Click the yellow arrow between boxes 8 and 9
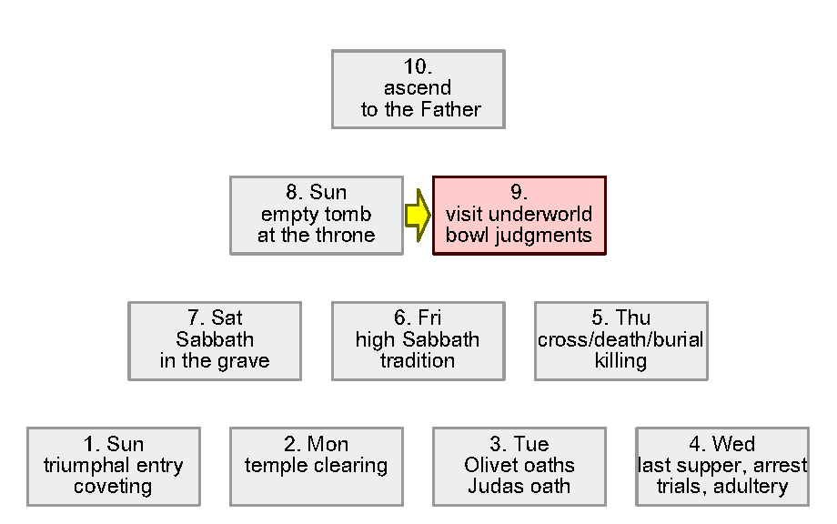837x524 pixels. click(x=417, y=215)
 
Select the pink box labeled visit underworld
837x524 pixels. click(x=519, y=215)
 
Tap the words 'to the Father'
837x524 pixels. click(x=419, y=110)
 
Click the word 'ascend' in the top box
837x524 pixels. click(x=418, y=88)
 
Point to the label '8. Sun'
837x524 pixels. click(x=316, y=193)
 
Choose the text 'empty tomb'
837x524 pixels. click(x=316, y=215)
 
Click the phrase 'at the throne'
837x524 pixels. click(x=316, y=236)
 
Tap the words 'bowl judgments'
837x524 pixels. click(x=519, y=236)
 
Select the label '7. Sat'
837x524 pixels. click(x=215, y=318)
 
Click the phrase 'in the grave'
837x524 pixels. click(x=215, y=360)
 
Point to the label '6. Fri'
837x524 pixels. click(x=418, y=318)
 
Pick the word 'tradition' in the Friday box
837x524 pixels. click(x=418, y=360)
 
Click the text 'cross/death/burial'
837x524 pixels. click(x=620, y=339)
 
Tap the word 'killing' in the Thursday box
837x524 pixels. click(x=620, y=360)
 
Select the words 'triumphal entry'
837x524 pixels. click(x=114, y=465)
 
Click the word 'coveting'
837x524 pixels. click(x=114, y=486)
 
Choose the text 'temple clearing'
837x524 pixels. click(x=317, y=465)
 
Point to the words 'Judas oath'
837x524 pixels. click(x=519, y=486)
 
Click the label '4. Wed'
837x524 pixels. click(x=721, y=444)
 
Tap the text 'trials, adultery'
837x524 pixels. click(x=721, y=486)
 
